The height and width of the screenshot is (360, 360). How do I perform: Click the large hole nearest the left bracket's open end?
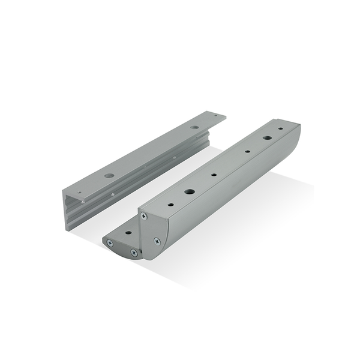pyautogui.click(x=109, y=176)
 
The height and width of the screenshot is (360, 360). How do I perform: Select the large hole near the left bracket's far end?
pyautogui.click(x=194, y=127)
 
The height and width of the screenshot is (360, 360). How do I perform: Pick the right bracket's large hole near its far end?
pyautogui.click(x=266, y=137)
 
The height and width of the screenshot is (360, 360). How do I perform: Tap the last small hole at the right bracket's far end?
pyautogui.click(x=280, y=128)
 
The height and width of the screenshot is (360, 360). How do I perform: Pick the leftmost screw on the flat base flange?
pyautogui.click(x=110, y=242)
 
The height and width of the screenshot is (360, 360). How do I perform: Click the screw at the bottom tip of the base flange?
pyautogui.click(x=134, y=253)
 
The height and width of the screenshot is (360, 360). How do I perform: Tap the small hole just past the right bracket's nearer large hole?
pyautogui.click(x=214, y=176)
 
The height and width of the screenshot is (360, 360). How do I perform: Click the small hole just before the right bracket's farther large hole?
pyautogui.click(x=247, y=152)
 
